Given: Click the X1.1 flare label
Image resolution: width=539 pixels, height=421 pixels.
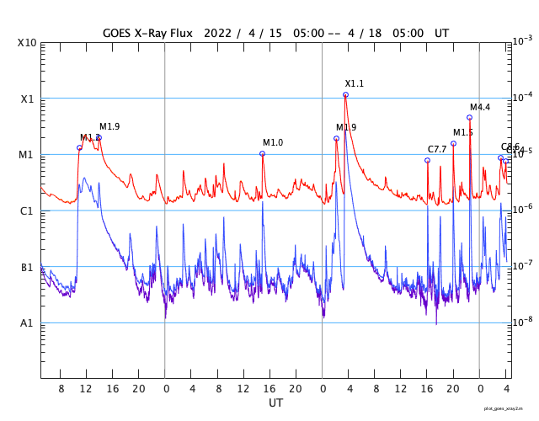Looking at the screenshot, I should pos(355,83).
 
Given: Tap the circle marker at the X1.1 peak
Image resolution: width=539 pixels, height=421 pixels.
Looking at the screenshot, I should pos(345,95).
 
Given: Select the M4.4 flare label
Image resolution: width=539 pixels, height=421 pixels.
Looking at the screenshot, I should pos(480,107).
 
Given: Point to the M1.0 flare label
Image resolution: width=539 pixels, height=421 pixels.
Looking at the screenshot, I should pos(273,142).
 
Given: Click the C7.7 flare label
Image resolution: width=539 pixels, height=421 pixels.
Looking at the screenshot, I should pos(438,149).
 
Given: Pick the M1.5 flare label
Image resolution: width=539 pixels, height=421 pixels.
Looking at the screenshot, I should pos(463,132).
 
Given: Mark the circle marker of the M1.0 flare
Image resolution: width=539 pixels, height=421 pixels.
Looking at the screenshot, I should pos(262,153).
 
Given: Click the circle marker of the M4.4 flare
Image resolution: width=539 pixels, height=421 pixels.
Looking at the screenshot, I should pos(469,118).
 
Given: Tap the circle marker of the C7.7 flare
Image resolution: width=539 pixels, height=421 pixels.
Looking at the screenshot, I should pos(427,160).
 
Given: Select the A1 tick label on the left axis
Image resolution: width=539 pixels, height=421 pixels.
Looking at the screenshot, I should pos(27,323).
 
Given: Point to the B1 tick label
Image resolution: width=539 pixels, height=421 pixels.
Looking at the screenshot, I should pos(27,268).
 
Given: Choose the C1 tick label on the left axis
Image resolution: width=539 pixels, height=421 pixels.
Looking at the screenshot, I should pos(27,211).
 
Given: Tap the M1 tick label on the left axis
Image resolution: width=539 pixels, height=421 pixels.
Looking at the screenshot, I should pos(27,155).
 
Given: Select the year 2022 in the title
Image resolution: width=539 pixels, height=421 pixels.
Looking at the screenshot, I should pos(218,32).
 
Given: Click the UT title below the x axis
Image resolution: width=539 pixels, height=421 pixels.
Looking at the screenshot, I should pos(276,403).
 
